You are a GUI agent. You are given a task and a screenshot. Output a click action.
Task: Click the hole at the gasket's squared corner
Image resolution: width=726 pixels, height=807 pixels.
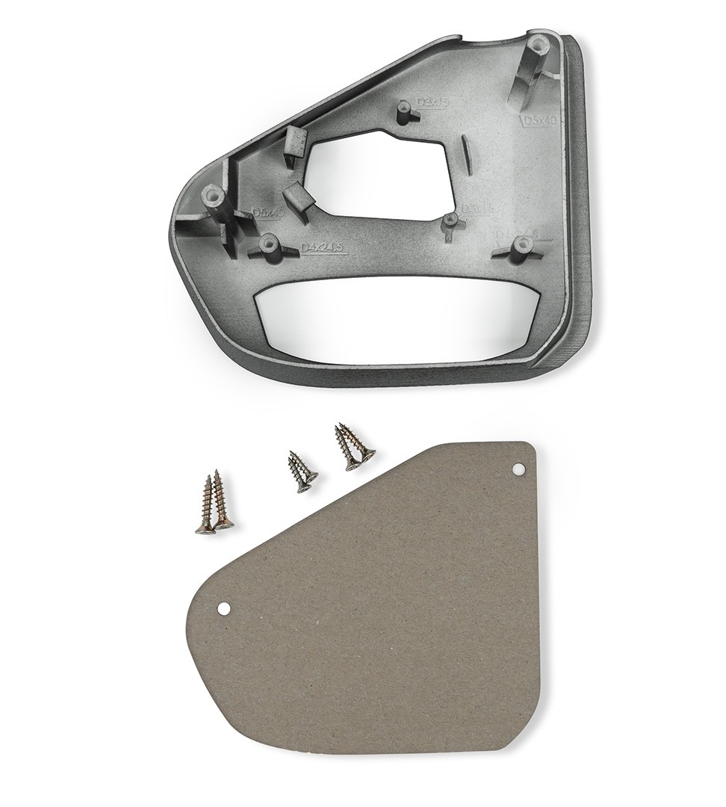click(520, 469)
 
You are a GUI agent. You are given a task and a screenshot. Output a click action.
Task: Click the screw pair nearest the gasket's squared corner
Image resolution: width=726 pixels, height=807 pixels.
click(353, 446)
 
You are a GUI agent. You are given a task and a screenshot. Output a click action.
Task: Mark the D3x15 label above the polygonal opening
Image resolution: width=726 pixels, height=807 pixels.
click(432, 102)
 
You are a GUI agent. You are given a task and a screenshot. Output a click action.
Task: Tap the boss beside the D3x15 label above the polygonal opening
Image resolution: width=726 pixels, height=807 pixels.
click(406, 111)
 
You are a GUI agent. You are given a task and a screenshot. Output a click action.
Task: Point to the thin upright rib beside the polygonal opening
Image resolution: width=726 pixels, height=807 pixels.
click(464, 153)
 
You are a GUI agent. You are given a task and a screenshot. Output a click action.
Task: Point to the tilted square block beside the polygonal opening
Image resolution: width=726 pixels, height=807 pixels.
click(300, 195)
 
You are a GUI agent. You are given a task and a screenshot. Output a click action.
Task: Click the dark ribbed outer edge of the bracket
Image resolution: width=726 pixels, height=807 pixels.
click(579, 224)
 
